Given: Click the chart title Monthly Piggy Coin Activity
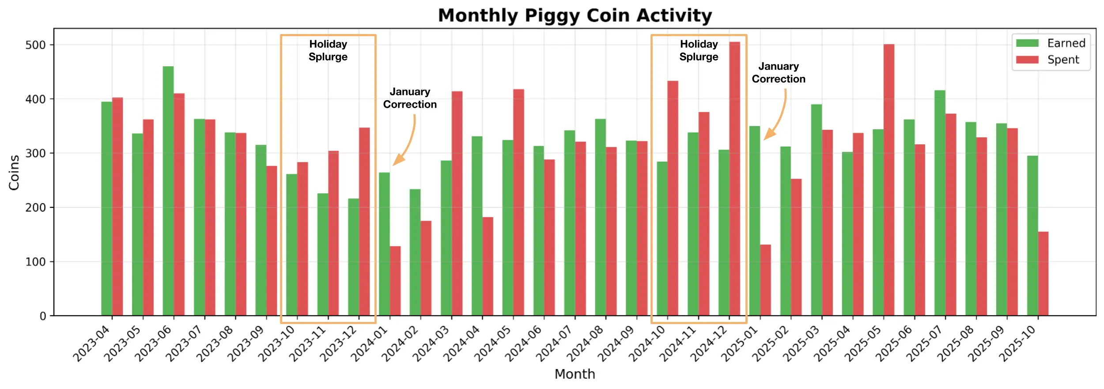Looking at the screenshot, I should click(575, 16).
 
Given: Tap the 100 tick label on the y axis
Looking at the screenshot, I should click(36, 262).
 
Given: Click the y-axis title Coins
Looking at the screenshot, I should click(14, 172).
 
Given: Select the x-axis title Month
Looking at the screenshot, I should click(575, 374).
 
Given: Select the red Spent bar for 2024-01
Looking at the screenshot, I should click(395, 281).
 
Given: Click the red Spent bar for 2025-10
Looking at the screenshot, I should click(1043, 274).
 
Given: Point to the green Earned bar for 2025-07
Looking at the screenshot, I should click(940, 203).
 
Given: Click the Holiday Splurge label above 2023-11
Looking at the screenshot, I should click(328, 50).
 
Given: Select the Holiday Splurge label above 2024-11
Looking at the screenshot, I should click(699, 50).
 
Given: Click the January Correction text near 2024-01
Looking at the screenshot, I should click(409, 98).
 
